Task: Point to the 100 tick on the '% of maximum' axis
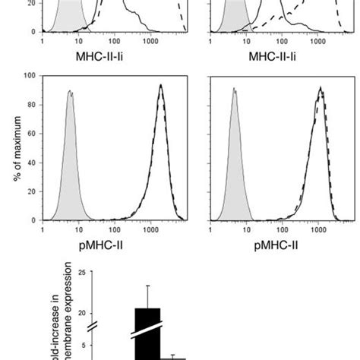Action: click(x=31, y=76)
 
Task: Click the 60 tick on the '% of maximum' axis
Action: click(x=33, y=134)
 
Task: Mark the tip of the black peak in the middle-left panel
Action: click(x=160, y=85)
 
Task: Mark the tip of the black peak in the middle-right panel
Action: click(x=320, y=89)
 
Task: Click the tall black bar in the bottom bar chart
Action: click(x=147, y=334)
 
